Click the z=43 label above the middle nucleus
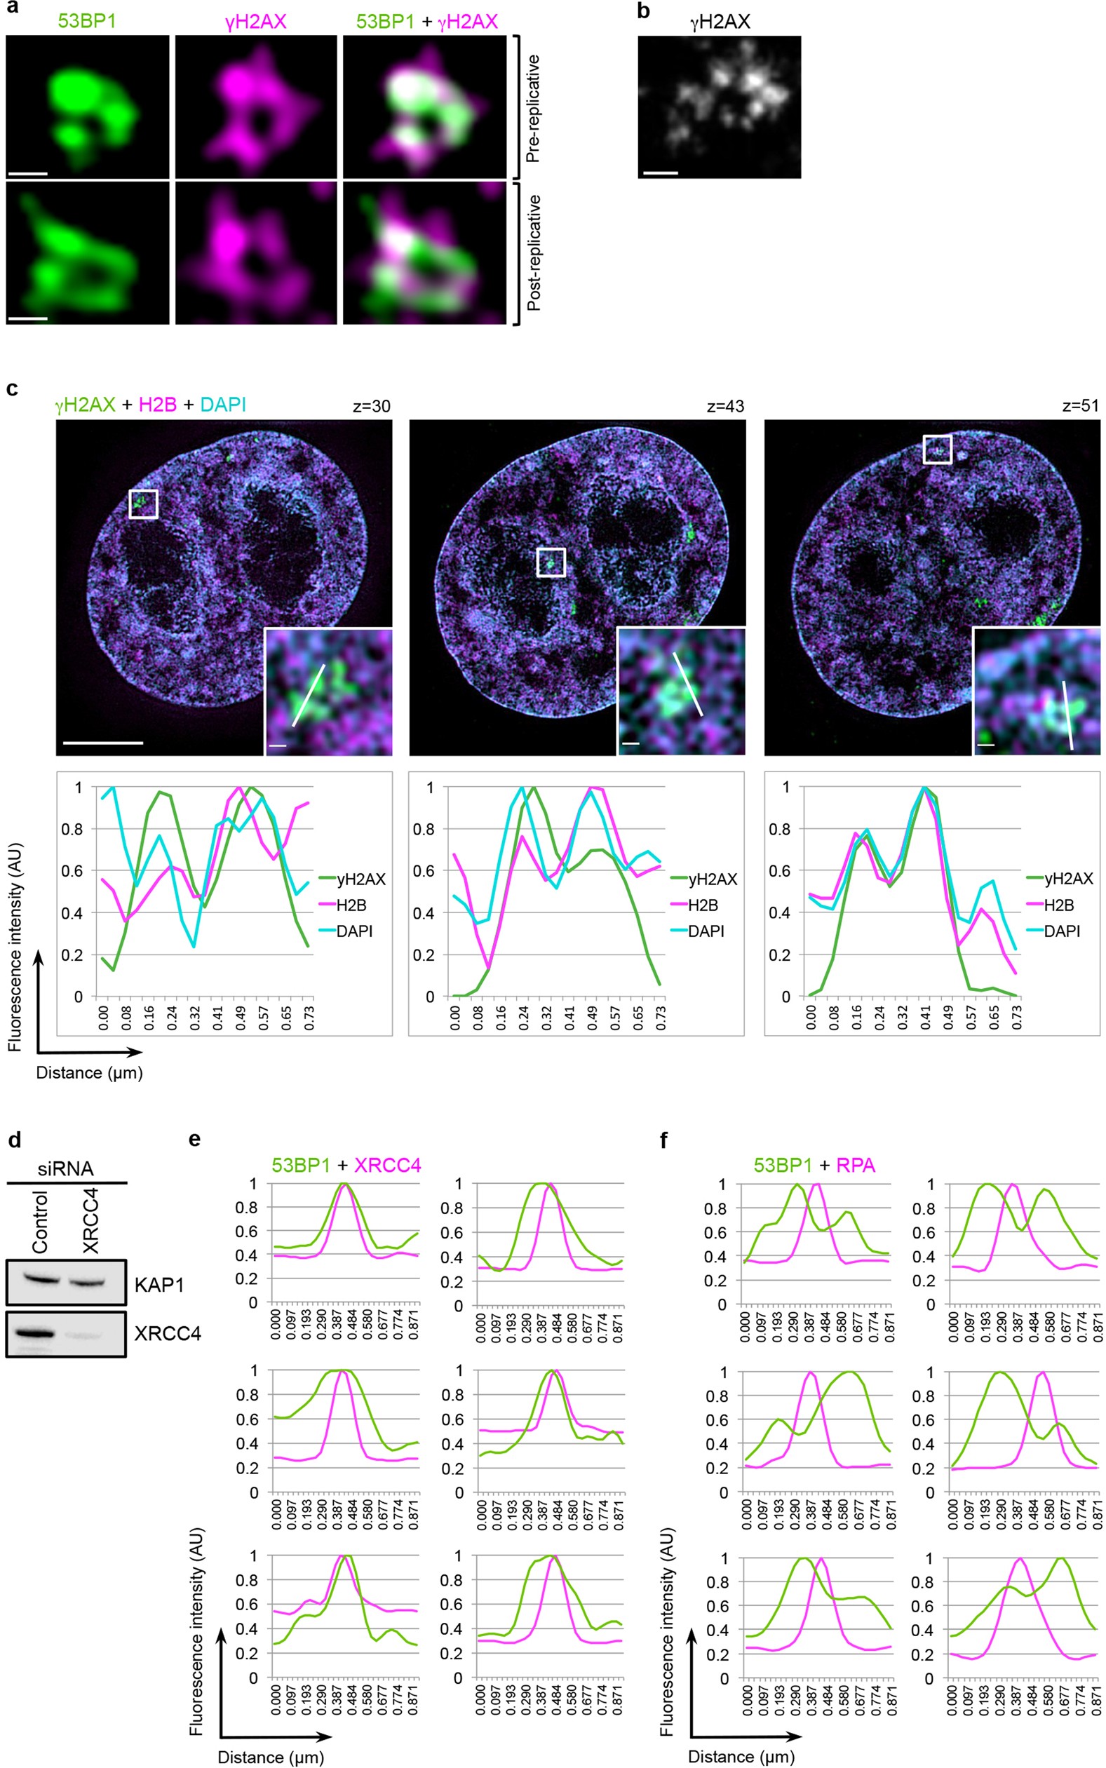point(725,406)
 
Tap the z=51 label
point(1079,406)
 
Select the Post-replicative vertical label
point(533,252)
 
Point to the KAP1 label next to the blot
point(159,1285)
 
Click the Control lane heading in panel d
point(40,1222)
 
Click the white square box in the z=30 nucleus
point(143,504)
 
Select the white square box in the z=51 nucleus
point(937,449)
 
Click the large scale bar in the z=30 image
point(103,743)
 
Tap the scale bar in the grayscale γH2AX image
point(660,173)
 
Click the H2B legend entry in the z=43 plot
point(702,905)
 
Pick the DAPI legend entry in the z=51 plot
point(1060,931)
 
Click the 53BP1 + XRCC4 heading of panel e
point(346,1165)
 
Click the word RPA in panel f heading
point(855,1165)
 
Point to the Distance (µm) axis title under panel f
point(741,1756)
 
